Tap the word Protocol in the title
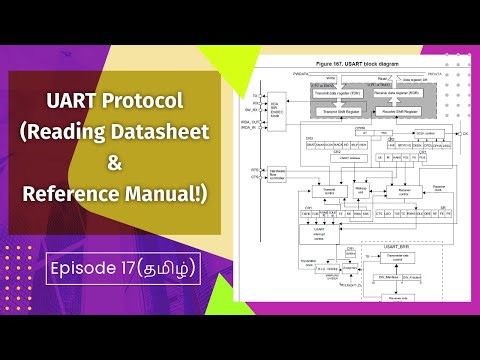pyautogui.click(x=151, y=102)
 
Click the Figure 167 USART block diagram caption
pyautogui.click(x=358, y=62)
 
